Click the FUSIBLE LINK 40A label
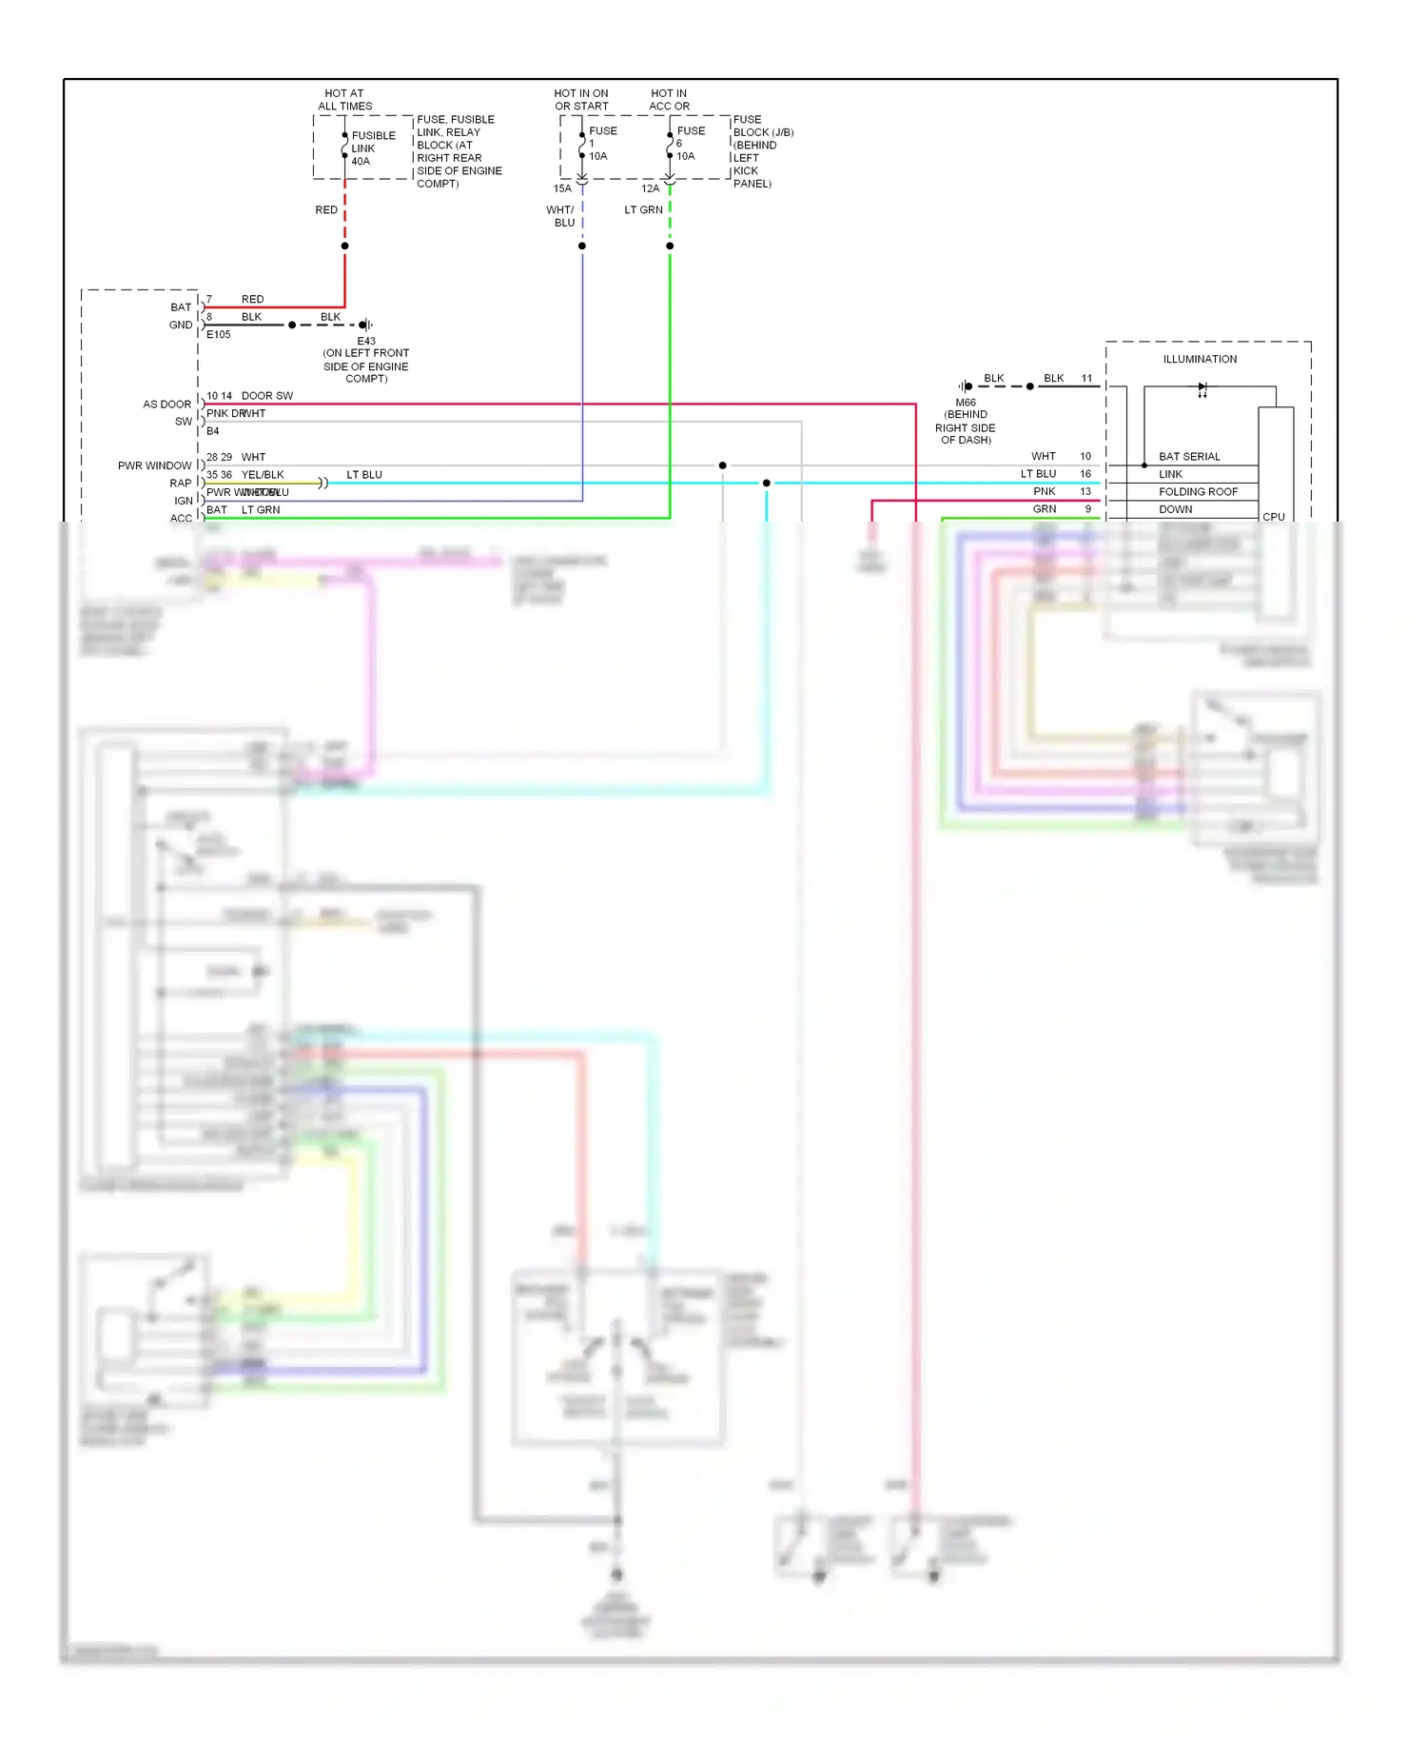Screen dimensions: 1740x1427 (x=373, y=148)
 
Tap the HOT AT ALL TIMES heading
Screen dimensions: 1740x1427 (x=344, y=100)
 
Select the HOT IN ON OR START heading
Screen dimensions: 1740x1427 (x=581, y=100)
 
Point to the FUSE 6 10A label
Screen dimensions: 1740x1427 (x=690, y=144)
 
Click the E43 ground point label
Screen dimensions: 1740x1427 (x=366, y=341)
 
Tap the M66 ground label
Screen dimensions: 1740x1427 (x=966, y=403)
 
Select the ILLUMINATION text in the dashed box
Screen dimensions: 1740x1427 (x=1200, y=359)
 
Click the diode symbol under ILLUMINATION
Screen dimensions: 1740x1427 (x=1202, y=387)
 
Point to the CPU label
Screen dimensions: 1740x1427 (x=1273, y=517)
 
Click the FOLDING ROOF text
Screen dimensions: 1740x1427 (x=1198, y=492)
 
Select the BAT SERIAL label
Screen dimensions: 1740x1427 (x=1189, y=457)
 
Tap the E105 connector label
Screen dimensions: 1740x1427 (x=219, y=334)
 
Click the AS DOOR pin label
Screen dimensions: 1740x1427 (x=166, y=405)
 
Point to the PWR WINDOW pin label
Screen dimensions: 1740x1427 (x=154, y=465)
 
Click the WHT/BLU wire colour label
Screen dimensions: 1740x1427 (x=560, y=216)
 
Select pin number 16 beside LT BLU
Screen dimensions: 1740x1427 (x=1085, y=474)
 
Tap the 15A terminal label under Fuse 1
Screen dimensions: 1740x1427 (x=562, y=188)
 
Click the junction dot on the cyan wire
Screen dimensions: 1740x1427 (x=766, y=484)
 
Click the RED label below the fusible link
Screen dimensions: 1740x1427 (x=326, y=209)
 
